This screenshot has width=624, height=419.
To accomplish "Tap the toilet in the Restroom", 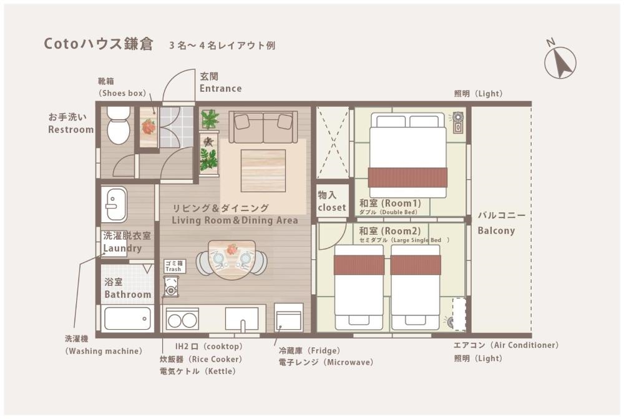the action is click(119, 125).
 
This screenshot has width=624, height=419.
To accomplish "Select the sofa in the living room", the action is click(263, 127).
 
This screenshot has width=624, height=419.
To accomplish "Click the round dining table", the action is click(232, 259).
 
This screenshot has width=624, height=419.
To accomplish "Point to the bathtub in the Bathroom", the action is click(127, 318).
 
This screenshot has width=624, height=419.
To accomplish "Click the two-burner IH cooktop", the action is click(182, 319).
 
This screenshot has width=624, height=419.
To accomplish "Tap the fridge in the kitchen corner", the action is click(288, 317).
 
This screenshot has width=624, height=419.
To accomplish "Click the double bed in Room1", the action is click(408, 155).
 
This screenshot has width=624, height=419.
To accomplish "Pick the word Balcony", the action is click(496, 230).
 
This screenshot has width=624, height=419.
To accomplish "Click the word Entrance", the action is click(220, 89).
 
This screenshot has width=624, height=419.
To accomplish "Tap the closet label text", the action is click(332, 207).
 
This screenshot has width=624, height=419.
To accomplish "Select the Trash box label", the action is click(175, 266).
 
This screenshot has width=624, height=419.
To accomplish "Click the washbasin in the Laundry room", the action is click(114, 204).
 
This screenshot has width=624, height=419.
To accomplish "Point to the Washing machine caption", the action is click(104, 352).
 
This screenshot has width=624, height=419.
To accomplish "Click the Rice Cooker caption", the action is click(201, 359).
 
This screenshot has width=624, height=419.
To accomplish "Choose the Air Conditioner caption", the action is click(506, 345).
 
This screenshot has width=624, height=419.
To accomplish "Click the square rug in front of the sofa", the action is click(263, 170).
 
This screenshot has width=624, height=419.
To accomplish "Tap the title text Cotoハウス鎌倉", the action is click(99, 44).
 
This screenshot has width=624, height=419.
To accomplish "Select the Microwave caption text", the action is click(326, 362).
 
